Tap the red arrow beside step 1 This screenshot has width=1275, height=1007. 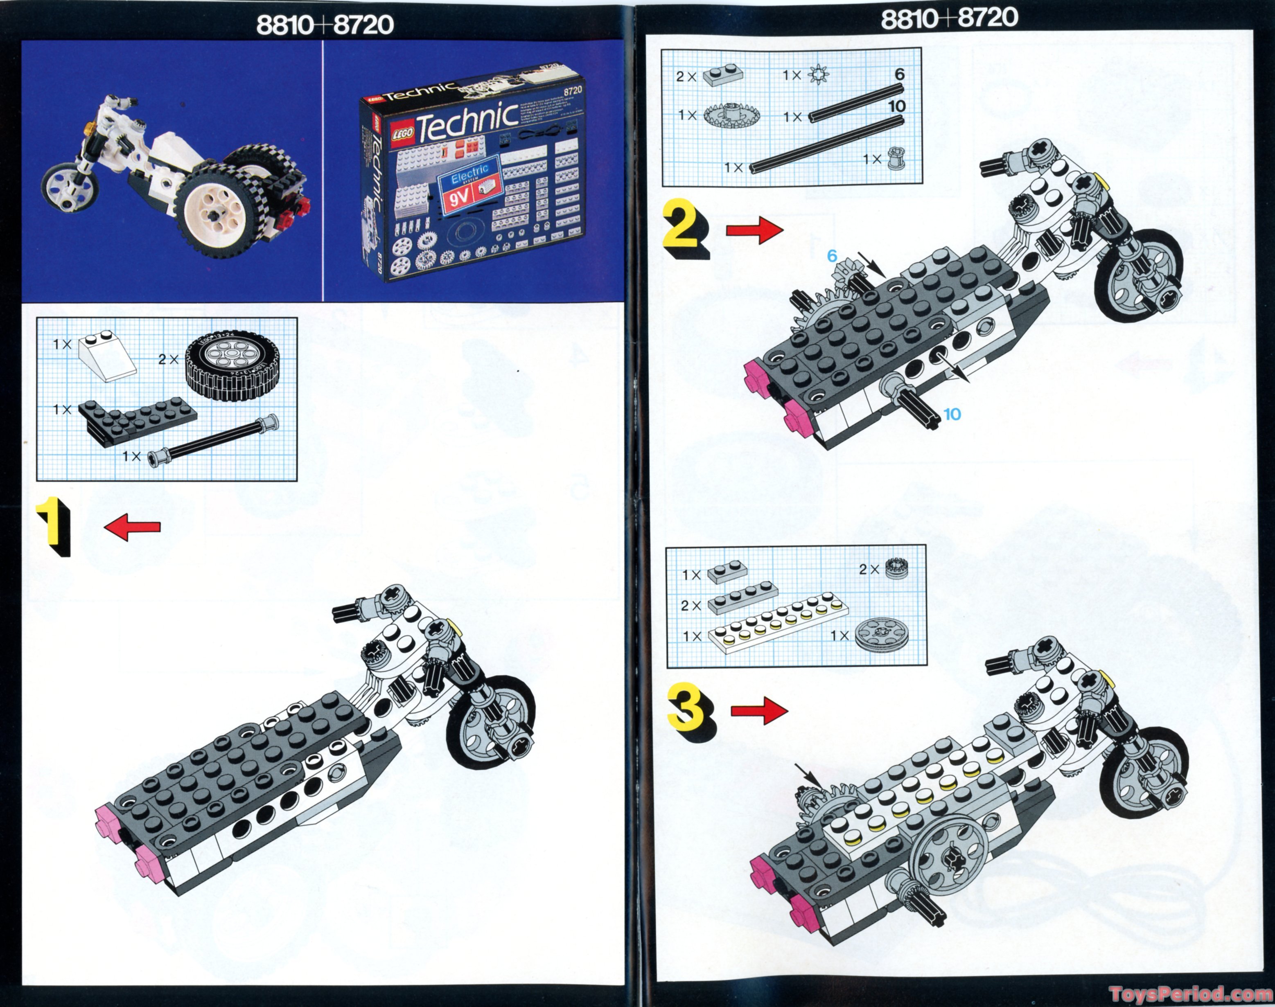[132, 526]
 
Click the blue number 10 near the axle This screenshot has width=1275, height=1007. [952, 414]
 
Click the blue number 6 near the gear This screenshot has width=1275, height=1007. [832, 255]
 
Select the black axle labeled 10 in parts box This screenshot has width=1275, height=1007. [826, 144]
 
